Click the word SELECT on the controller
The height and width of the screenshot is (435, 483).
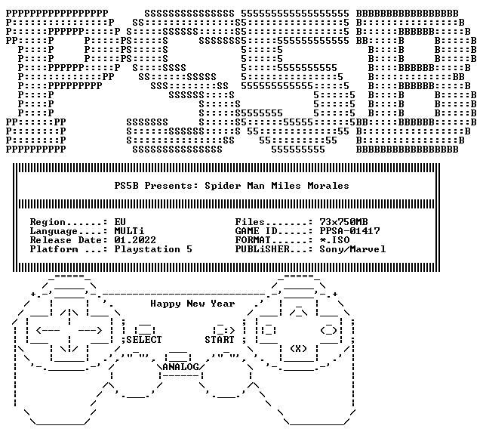click(144, 340)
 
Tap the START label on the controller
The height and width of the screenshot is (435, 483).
click(220, 340)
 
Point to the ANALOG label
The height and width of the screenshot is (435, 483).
click(180, 367)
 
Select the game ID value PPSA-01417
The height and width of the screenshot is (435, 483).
click(349, 231)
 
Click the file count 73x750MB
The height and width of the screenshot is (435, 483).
click(343, 222)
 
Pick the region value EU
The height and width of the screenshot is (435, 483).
click(120, 222)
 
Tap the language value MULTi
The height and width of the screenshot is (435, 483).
click(129, 231)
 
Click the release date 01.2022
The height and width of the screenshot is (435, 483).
click(135, 240)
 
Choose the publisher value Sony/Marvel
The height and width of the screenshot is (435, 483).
click(352, 249)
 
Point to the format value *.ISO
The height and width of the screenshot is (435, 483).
click(334, 240)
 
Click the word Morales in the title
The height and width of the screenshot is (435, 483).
click(328, 186)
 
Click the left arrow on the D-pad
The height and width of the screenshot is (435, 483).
click(48, 331)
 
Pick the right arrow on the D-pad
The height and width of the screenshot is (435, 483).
click(90, 331)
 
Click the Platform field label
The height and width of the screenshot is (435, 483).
click(54, 249)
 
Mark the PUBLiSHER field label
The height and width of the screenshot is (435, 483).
click(262, 249)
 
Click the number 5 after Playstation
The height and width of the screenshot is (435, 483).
click(189, 249)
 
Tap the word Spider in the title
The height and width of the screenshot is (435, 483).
click(223, 186)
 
